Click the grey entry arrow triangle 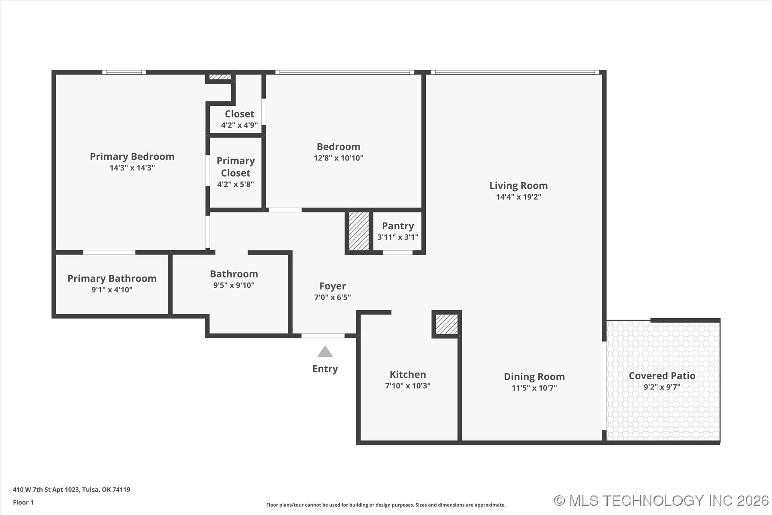click(x=325, y=352)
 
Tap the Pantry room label click(x=398, y=226)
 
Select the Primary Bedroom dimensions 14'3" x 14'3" click(x=132, y=168)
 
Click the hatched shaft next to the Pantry click(x=359, y=231)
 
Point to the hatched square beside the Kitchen click(x=447, y=324)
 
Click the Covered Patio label click(x=662, y=375)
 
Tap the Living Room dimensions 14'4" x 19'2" click(x=518, y=197)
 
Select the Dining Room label click(x=534, y=377)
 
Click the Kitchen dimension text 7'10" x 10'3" click(x=407, y=385)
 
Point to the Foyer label click(x=333, y=286)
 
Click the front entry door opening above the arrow click(x=323, y=336)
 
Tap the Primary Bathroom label click(x=112, y=278)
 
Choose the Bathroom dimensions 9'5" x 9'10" click(x=234, y=285)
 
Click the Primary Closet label click(x=236, y=167)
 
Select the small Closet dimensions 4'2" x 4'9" click(x=239, y=125)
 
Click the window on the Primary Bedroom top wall click(x=124, y=72)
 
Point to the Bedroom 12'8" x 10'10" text click(x=338, y=158)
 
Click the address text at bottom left click(x=72, y=490)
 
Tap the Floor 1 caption click(x=23, y=502)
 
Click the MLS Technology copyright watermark click(x=661, y=501)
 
